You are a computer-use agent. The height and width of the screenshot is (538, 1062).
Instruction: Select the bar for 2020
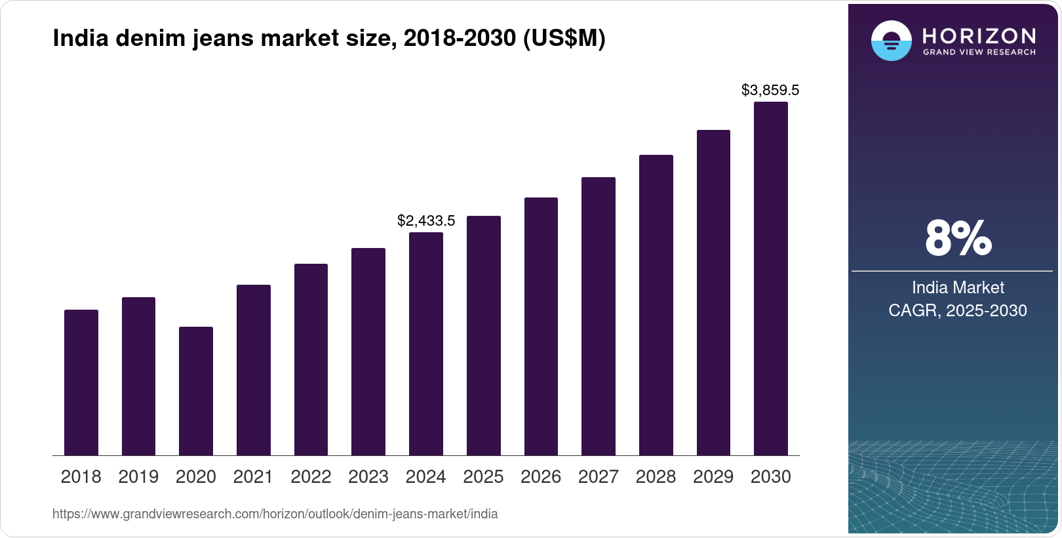pyautogui.click(x=196, y=391)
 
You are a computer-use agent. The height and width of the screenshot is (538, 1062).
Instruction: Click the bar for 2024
pyautogui.click(x=426, y=344)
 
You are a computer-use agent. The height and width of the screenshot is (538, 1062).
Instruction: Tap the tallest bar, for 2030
pyautogui.click(x=771, y=279)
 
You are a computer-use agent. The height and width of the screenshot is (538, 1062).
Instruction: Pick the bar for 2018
pyautogui.click(x=81, y=383)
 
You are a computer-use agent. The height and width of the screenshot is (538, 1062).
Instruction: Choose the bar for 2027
pyautogui.click(x=599, y=316)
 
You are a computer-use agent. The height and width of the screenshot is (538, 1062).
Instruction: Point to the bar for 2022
pyautogui.click(x=311, y=360)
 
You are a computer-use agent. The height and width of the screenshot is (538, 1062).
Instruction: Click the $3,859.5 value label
pyautogui.click(x=770, y=91)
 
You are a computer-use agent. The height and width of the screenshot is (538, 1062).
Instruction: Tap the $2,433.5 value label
pyautogui.click(x=426, y=221)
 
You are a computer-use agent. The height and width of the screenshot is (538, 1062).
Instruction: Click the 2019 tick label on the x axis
pyautogui.click(x=138, y=477)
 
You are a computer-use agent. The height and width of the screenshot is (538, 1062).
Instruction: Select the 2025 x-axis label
pyautogui.click(x=483, y=477)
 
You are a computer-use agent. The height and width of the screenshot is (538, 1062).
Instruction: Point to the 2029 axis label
pyautogui.click(x=713, y=477)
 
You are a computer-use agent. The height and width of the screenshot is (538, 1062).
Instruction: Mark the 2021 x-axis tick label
pyautogui.click(x=253, y=477)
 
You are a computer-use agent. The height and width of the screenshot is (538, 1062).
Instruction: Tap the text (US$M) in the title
pyautogui.click(x=564, y=39)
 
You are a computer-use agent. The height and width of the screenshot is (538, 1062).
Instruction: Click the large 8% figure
pyautogui.click(x=958, y=238)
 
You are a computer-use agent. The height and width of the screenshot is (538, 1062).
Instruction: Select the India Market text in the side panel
pyautogui.click(x=958, y=287)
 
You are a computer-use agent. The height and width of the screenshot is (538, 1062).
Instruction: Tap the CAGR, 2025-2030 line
pyautogui.click(x=958, y=310)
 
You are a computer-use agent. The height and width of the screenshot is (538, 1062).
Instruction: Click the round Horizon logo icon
pyautogui.click(x=891, y=41)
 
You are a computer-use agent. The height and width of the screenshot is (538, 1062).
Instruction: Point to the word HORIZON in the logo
pyautogui.click(x=979, y=35)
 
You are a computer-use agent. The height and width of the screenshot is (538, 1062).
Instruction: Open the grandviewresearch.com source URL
pyautogui.click(x=275, y=514)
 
